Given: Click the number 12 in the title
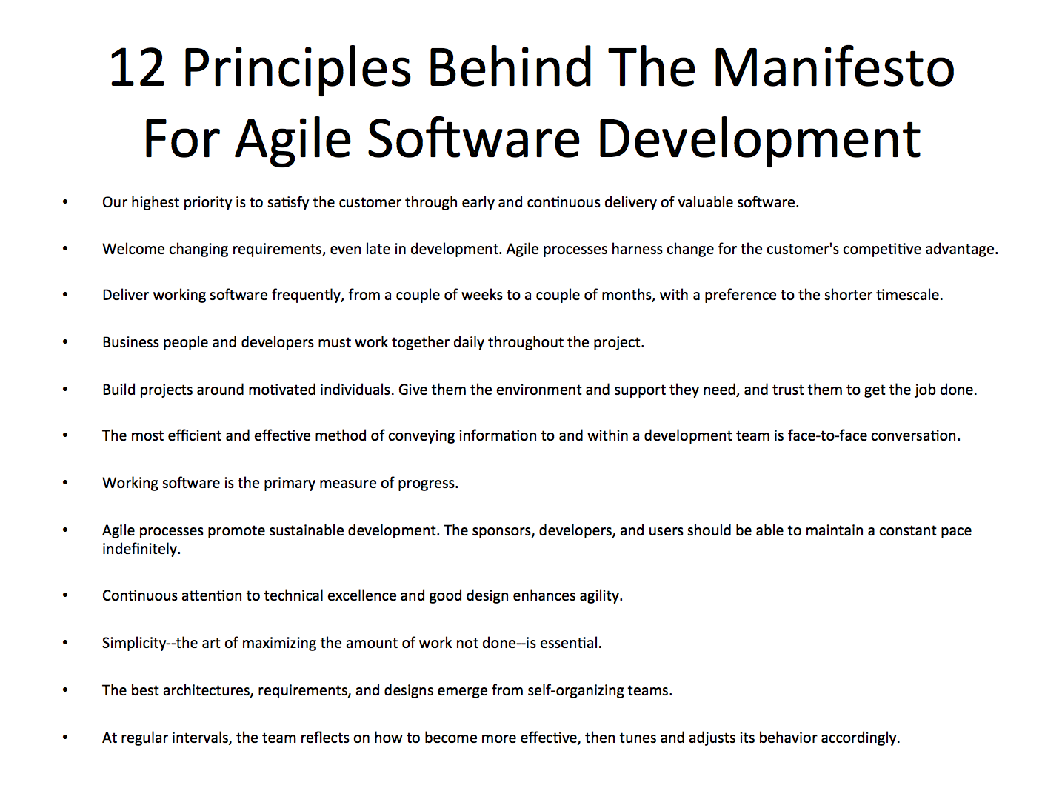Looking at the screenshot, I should (x=137, y=68).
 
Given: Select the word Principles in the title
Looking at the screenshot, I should (x=296, y=68).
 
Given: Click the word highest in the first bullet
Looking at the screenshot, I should (x=156, y=202).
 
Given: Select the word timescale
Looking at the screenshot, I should (x=909, y=295).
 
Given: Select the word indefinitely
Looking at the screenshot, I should (x=141, y=549).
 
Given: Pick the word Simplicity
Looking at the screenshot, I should (x=134, y=643).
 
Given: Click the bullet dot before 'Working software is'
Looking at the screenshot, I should (x=65, y=483).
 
